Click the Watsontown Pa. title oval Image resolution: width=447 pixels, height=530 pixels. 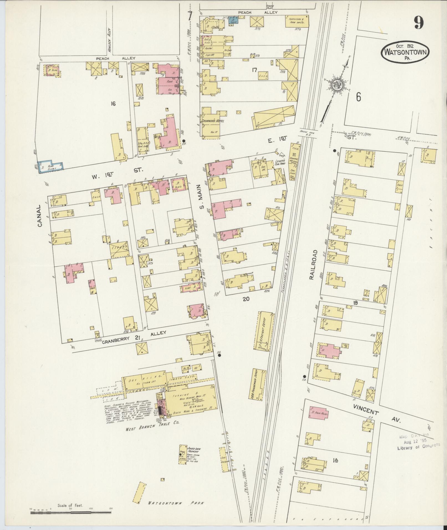click(x=405, y=52)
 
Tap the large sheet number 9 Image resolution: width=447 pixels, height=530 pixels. click(x=419, y=23)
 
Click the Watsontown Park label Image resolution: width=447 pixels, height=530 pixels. click(x=176, y=495)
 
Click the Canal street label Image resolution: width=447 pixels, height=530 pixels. click(x=40, y=216)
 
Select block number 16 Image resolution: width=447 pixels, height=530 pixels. click(x=113, y=104)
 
